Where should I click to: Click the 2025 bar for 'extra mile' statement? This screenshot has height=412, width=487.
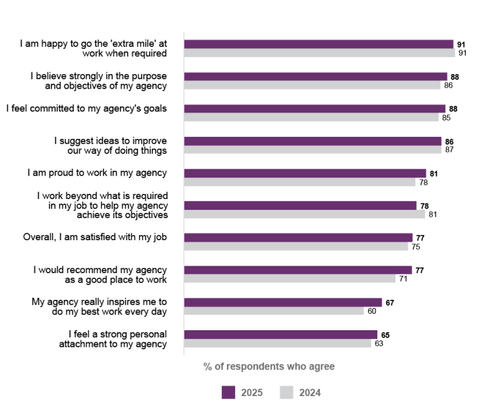tap(319, 44)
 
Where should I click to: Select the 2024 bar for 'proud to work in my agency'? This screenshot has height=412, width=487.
tap(300, 183)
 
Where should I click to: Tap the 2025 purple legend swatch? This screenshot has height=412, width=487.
tap(228, 392)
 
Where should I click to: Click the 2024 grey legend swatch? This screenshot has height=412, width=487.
tap(287, 392)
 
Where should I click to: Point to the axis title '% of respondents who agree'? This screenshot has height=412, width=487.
tap(269, 366)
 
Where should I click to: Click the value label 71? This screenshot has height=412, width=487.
tap(403, 279)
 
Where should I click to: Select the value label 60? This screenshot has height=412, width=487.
tap(372, 311)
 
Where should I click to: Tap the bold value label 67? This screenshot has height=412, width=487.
tap(390, 302)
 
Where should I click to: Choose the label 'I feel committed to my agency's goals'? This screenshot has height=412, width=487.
tap(87, 108)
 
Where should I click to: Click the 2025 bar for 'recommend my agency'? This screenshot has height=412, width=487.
tap(298, 270)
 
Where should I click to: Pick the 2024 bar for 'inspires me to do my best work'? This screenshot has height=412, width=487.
tap(274, 311)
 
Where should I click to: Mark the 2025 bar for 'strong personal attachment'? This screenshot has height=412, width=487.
tap(280, 335)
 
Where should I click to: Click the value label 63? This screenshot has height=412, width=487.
tap(379, 344)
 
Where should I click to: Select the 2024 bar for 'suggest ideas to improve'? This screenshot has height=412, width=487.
tap(313, 150)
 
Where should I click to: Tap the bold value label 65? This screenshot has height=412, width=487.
tap(385, 335)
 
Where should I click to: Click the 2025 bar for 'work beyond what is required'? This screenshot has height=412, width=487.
tap(300, 205)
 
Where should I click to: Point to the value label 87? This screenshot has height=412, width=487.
tap(449, 150)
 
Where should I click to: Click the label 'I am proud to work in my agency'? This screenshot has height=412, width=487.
tap(97, 173)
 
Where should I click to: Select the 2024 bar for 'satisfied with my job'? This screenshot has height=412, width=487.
tap(296, 247)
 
